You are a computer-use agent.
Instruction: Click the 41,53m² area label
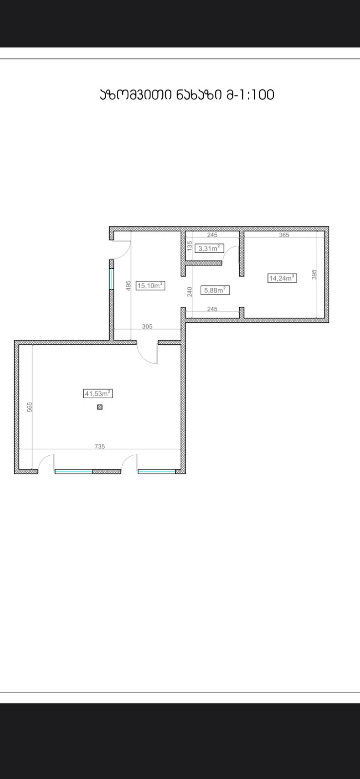(98, 393)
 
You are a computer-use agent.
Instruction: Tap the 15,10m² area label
(150, 285)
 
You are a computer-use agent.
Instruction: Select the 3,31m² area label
(209, 248)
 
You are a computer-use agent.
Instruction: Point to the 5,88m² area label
(215, 290)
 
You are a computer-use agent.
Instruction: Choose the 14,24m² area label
(282, 278)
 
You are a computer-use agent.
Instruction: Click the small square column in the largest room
(100, 407)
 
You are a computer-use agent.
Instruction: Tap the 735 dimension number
(100, 446)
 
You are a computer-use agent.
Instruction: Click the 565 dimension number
(30, 407)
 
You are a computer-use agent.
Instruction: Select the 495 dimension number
(128, 285)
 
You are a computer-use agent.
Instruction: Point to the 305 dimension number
(147, 327)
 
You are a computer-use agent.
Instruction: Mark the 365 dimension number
(284, 235)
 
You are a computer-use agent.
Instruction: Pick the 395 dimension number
(314, 275)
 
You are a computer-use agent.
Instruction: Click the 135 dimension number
(189, 245)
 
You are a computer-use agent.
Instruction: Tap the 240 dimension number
(189, 292)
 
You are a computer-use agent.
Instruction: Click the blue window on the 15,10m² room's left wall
(111, 279)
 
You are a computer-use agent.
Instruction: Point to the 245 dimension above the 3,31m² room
(212, 235)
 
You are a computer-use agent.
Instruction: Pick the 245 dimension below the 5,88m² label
(212, 309)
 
